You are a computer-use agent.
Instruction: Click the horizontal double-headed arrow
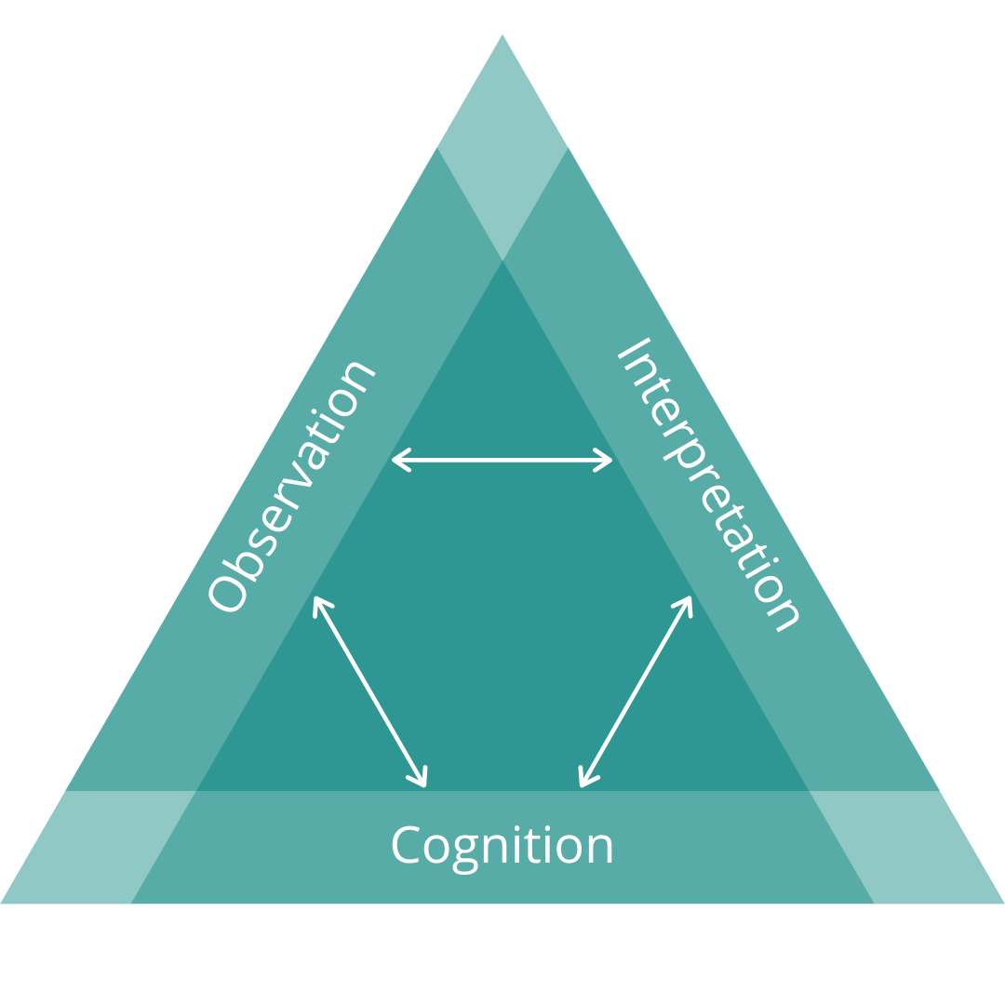(x=502, y=460)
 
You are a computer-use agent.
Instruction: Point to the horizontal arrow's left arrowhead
(x=397, y=460)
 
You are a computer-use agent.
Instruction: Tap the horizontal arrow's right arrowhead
(x=607, y=460)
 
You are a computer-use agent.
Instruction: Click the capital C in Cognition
(x=405, y=844)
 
